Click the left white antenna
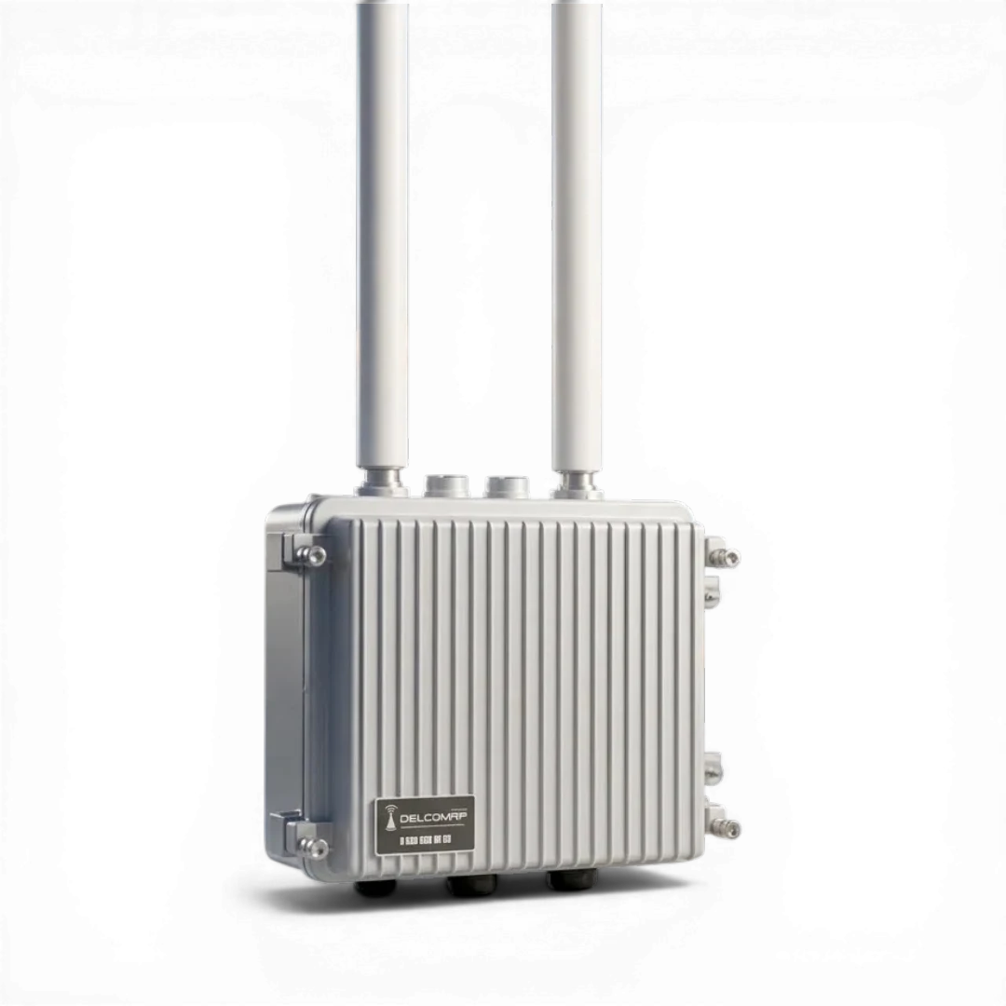click(382, 233)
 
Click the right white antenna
click(577, 233)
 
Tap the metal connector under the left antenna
click(381, 482)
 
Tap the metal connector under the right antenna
click(577, 483)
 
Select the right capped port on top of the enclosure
click(506, 485)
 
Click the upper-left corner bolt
click(314, 556)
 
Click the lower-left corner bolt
click(314, 847)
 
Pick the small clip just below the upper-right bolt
click(712, 591)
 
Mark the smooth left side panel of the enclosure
click(283, 689)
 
